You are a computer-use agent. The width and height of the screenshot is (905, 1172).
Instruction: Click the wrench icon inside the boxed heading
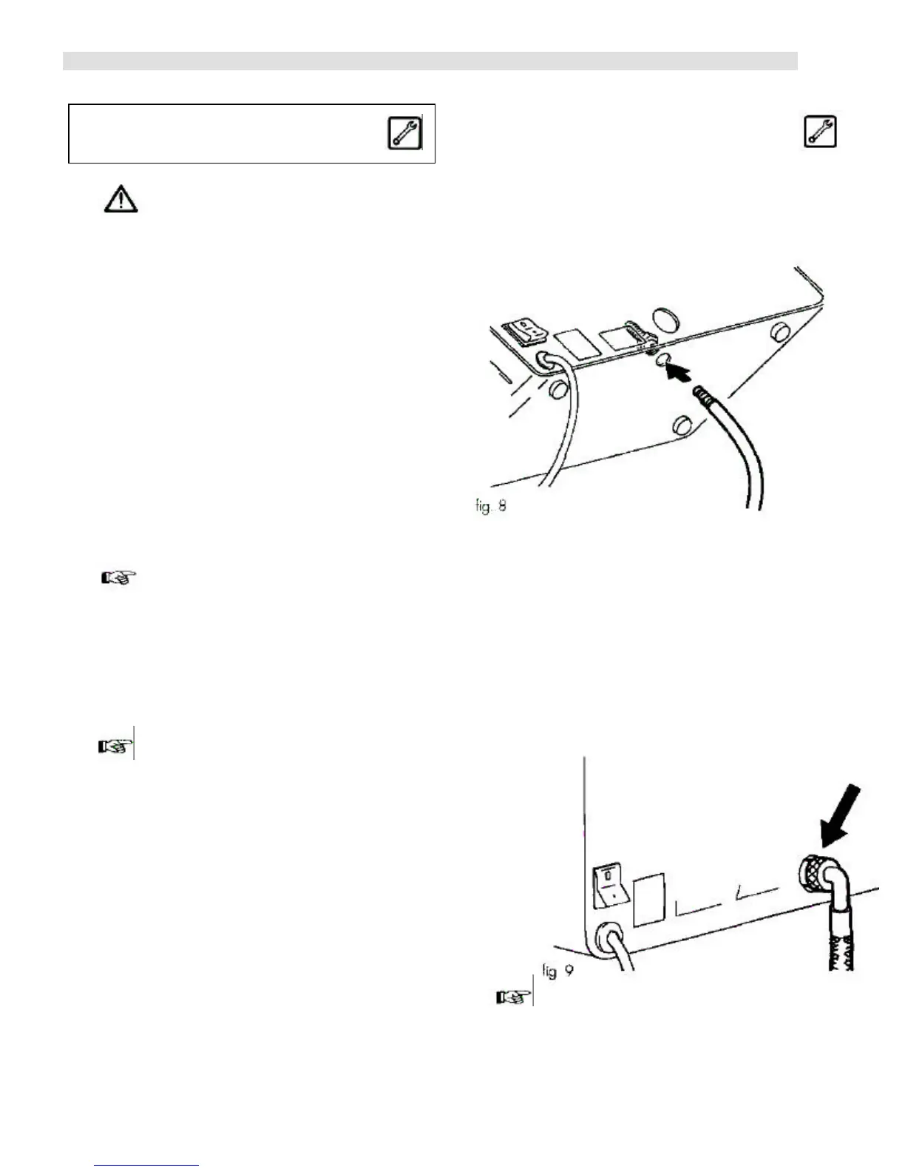404,133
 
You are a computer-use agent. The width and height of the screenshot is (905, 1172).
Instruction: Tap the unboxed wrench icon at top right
820,132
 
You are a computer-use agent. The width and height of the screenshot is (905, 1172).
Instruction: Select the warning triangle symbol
120,200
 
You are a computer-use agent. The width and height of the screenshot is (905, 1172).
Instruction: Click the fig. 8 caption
491,508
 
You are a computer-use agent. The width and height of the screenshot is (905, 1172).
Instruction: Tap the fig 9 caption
558,969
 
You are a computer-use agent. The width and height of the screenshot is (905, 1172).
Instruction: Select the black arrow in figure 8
682,370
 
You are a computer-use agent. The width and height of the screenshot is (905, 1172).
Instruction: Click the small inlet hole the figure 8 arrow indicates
660,360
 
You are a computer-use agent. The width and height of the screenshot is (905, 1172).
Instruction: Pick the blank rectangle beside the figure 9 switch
648,898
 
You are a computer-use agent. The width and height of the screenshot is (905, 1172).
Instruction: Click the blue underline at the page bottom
147,1165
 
